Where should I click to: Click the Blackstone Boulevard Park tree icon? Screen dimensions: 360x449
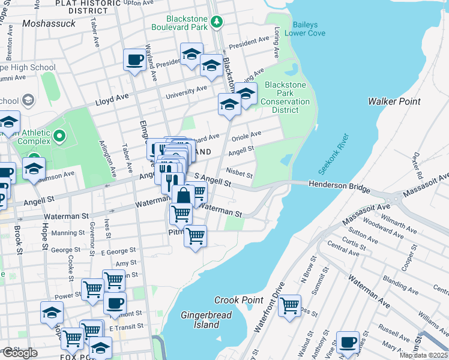(x=217, y=23)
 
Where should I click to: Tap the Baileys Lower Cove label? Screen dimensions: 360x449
(x=309, y=29)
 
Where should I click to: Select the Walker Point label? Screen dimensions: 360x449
(x=394, y=101)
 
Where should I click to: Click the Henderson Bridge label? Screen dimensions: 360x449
(x=339, y=187)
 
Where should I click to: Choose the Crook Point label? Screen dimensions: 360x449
(x=239, y=300)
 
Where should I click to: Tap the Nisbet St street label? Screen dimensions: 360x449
(x=240, y=173)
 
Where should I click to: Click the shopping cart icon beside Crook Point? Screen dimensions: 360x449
(x=289, y=305)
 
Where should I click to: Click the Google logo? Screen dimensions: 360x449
(x=19, y=353)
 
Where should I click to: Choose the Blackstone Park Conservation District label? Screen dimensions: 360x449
(x=285, y=97)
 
